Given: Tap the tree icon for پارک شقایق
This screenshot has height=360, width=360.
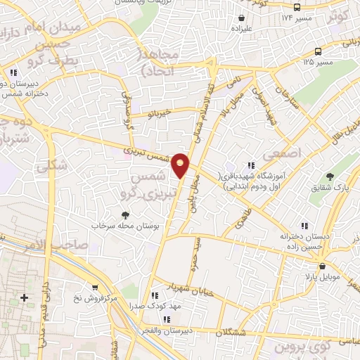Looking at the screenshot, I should (x=332, y=176).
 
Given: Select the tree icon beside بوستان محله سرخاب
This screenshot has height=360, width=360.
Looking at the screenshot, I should (x=126, y=215).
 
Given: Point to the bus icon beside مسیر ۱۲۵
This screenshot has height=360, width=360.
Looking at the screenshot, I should (x=319, y=51).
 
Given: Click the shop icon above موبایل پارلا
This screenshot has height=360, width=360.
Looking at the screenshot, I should (x=322, y=267).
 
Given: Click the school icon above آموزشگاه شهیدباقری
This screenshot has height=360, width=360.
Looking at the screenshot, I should (x=251, y=165).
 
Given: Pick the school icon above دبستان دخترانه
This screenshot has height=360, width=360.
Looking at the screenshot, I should (x=304, y=226).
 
